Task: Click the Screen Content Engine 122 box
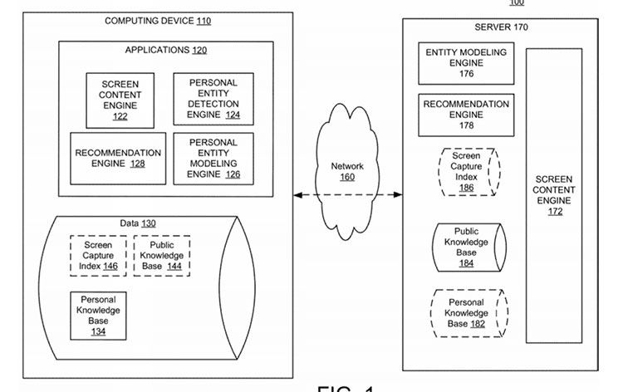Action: (120, 100)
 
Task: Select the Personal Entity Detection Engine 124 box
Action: (213, 99)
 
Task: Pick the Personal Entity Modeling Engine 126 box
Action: (213, 159)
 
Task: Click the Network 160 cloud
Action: (347, 170)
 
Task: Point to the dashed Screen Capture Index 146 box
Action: (99, 255)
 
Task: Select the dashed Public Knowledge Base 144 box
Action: (162, 255)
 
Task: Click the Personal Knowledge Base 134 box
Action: (99, 315)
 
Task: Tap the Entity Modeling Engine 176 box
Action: (465, 63)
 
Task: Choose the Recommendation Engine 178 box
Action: (465, 115)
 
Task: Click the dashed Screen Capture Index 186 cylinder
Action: (465, 172)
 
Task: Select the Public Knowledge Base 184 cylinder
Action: (465, 247)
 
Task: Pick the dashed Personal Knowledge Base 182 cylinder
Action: (465, 313)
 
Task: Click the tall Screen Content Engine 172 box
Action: (554, 196)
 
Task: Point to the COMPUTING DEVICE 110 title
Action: (157, 21)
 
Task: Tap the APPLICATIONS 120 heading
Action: (166, 50)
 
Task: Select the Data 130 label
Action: (137, 223)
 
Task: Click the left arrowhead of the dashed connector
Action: (297, 195)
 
